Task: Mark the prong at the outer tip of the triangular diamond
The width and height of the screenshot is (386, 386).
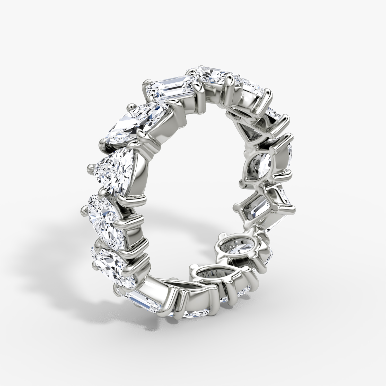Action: click(x=91, y=168)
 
